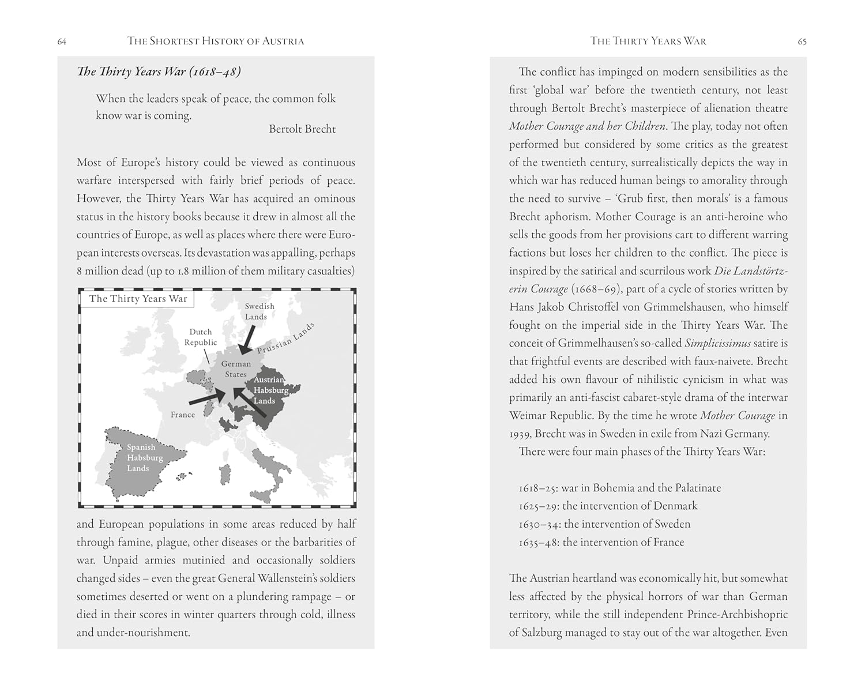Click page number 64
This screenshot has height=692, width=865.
click(x=62, y=42)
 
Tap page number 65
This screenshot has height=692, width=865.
click(x=802, y=42)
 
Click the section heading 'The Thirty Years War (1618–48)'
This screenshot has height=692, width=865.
click(x=159, y=72)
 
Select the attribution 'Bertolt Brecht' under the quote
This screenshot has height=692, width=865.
click(x=302, y=129)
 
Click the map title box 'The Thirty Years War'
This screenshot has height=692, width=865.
click(x=138, y=299)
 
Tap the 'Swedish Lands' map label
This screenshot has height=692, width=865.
click(x=259, y=311)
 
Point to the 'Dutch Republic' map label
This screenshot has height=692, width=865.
click(x=201, y=337)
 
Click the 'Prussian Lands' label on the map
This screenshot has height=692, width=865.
click(x=286, y=339)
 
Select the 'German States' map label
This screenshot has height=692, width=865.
click(x=236, y=369)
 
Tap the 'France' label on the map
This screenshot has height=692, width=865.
click(x=183, y=415)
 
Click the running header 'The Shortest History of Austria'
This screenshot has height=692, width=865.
click(x=216, y=41)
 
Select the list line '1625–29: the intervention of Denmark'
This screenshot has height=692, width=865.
click(x=608, y=506)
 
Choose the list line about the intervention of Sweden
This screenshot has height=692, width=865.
click(x=604, y=524)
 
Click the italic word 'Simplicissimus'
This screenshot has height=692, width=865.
click(x=717, y=343)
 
